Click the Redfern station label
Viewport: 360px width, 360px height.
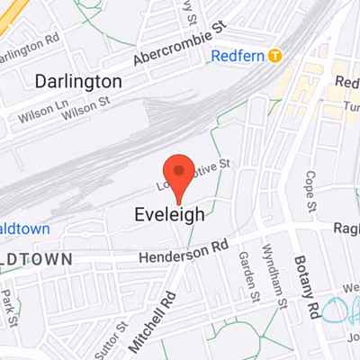coord(238,56)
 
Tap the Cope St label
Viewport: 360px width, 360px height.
coord(310,190)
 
